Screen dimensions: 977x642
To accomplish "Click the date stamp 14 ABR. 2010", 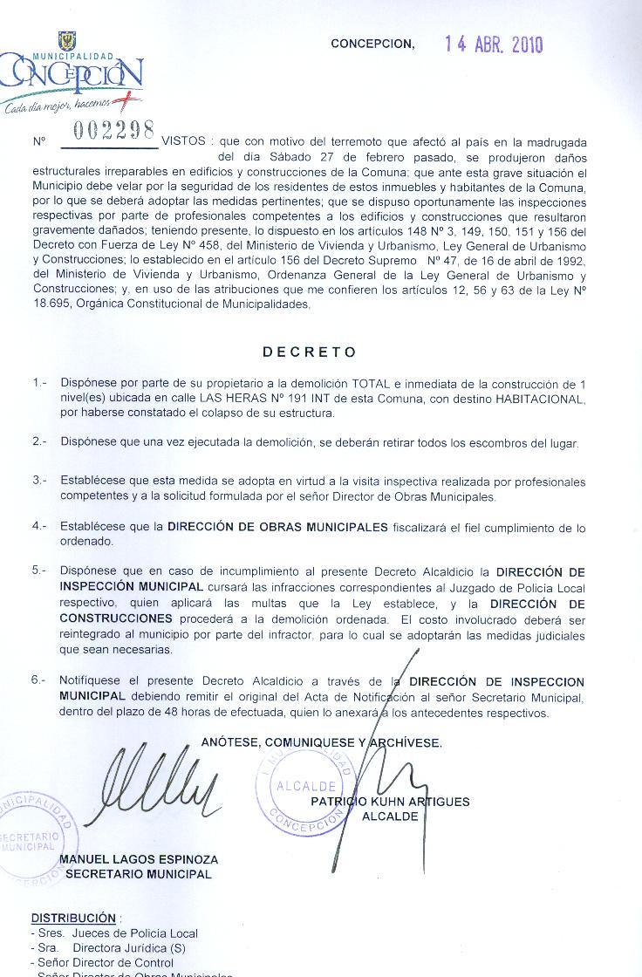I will [493, 44].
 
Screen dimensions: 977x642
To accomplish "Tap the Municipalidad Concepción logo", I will [72, 76].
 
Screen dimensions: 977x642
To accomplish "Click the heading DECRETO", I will [310, 352].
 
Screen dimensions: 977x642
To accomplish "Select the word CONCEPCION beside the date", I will [372, 44].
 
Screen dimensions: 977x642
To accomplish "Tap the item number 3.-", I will [40, 482].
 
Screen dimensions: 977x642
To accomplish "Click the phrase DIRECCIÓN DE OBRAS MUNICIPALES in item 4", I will [277, 528].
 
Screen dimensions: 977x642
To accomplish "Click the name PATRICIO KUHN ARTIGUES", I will [390, 802].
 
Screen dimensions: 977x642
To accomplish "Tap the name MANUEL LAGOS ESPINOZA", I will [139, 859].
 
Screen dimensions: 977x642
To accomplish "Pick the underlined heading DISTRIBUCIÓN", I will [73, 918].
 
